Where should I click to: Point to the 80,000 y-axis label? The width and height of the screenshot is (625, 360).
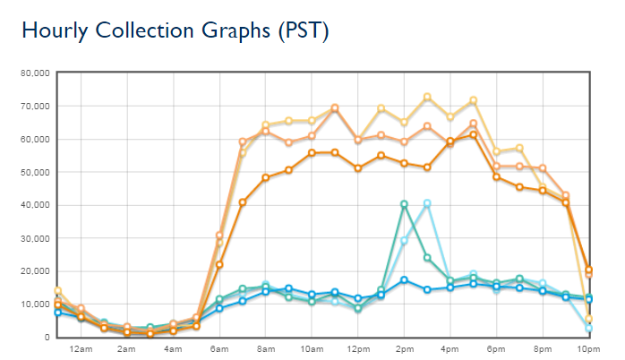pyautogui.click(x=34, y=73)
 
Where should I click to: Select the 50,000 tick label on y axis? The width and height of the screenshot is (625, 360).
pyautogui.click(x=34, y=172)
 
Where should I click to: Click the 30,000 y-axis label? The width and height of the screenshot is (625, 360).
pyautogui.click(x=34, y=238)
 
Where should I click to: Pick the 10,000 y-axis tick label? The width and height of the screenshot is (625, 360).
pyautogui.click(x=34, y=304)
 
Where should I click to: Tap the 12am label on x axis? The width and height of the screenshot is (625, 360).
pyautogui.click(x=81, y=348)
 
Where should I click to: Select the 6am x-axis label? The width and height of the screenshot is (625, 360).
pyautogui.click(x=219, y=348)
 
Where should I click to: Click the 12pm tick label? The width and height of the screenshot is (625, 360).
pyautogui.click(x=358, y=348)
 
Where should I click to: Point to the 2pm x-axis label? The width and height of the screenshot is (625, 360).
pyautogui.click(x=404, y=348)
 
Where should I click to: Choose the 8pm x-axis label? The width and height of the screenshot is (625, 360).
pyautogui.click(x=543, y=348)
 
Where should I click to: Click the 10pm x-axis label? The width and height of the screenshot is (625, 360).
pyautogui.click(x=588, y=348)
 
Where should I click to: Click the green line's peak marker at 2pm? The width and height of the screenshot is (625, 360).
pyautogui.click(x=405, y=204)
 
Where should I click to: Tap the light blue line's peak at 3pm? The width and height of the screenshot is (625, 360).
pyautogui.click(x=427, y=203)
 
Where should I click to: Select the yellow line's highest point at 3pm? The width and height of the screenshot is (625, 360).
pyautogui.click(x=427, y=97)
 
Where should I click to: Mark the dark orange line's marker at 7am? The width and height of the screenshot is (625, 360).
pyautogui.click(x=243, y=202)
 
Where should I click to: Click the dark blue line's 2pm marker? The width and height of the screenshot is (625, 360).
pyautogui.click(x=405, y=280)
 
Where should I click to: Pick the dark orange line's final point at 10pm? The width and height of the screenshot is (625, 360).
pyautogui.click(x=588, y=270)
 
